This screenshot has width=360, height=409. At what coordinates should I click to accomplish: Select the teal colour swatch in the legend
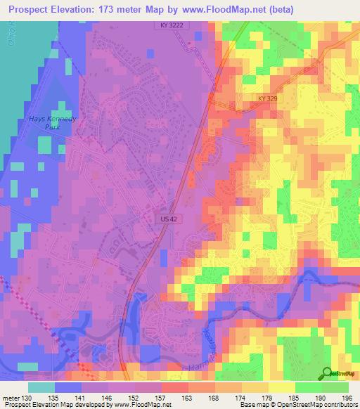pyautogui.click(x=41, y=387)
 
